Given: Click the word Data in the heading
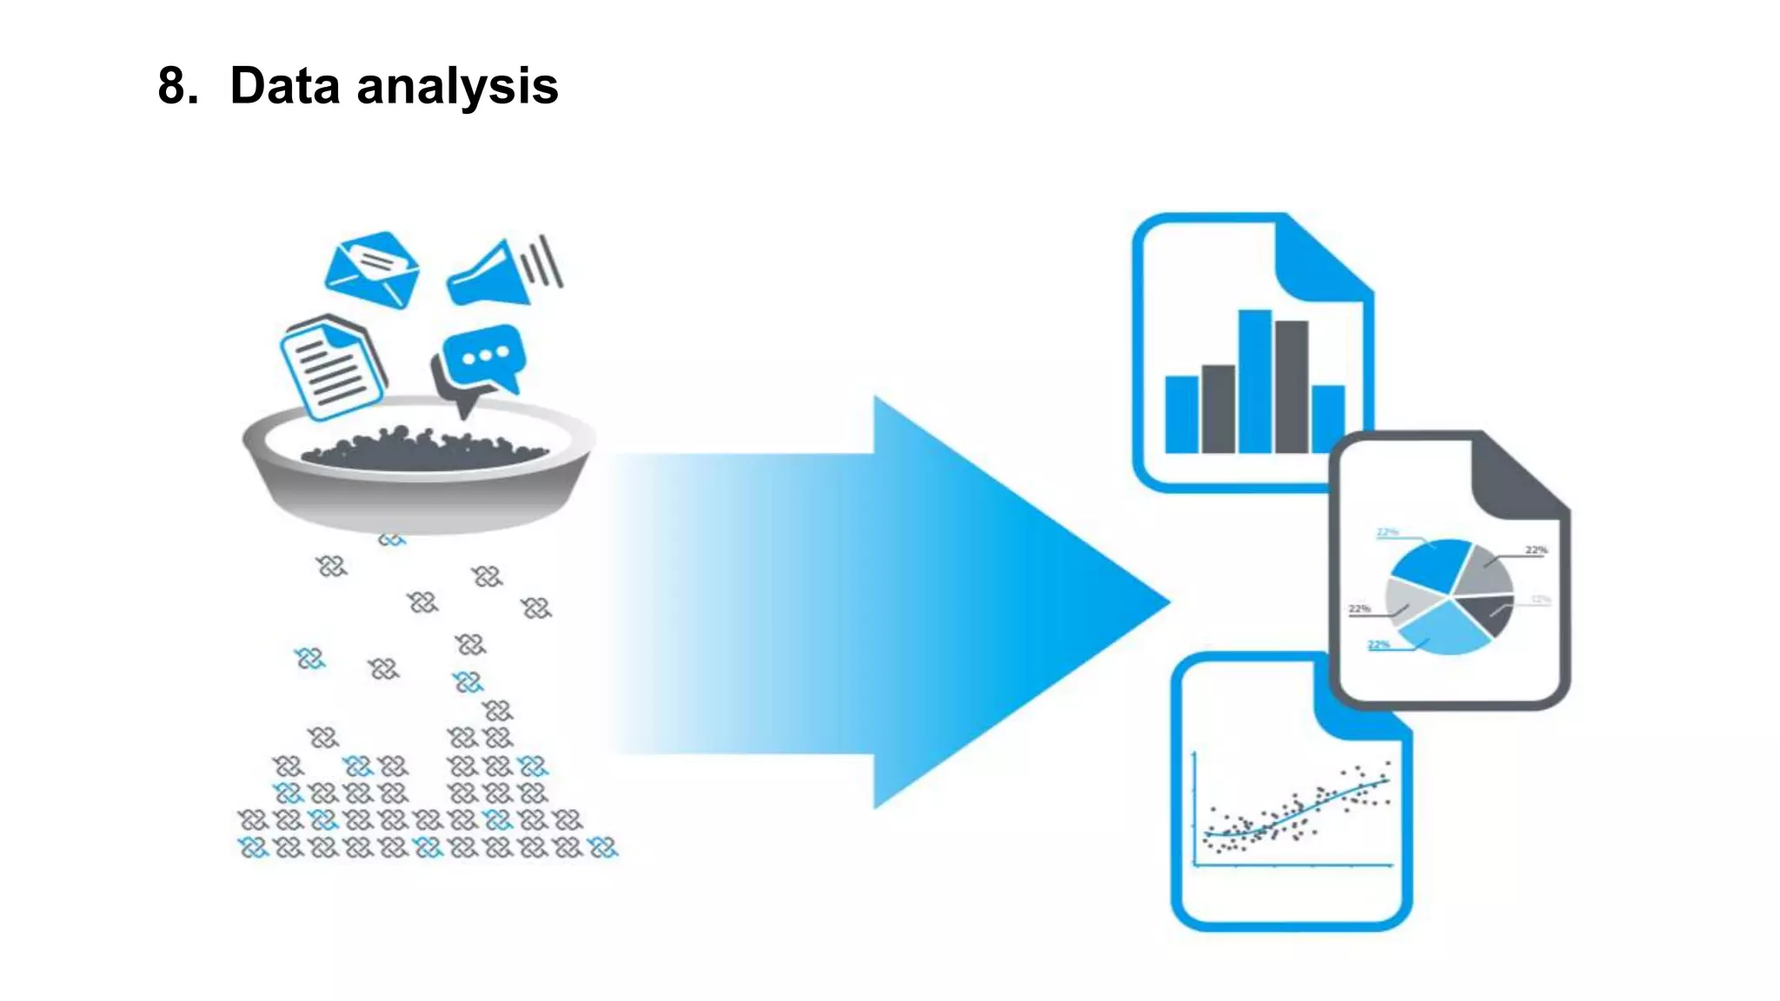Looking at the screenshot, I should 284,86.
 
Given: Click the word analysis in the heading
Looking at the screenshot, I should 457,88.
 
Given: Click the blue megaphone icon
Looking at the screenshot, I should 491,276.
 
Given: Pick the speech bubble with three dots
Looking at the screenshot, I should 483,356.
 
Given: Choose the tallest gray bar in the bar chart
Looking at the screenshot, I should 1292,386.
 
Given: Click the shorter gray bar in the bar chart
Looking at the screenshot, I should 1218,408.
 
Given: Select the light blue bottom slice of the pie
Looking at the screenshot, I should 1445,630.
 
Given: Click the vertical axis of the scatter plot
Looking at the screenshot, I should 1196,808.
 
